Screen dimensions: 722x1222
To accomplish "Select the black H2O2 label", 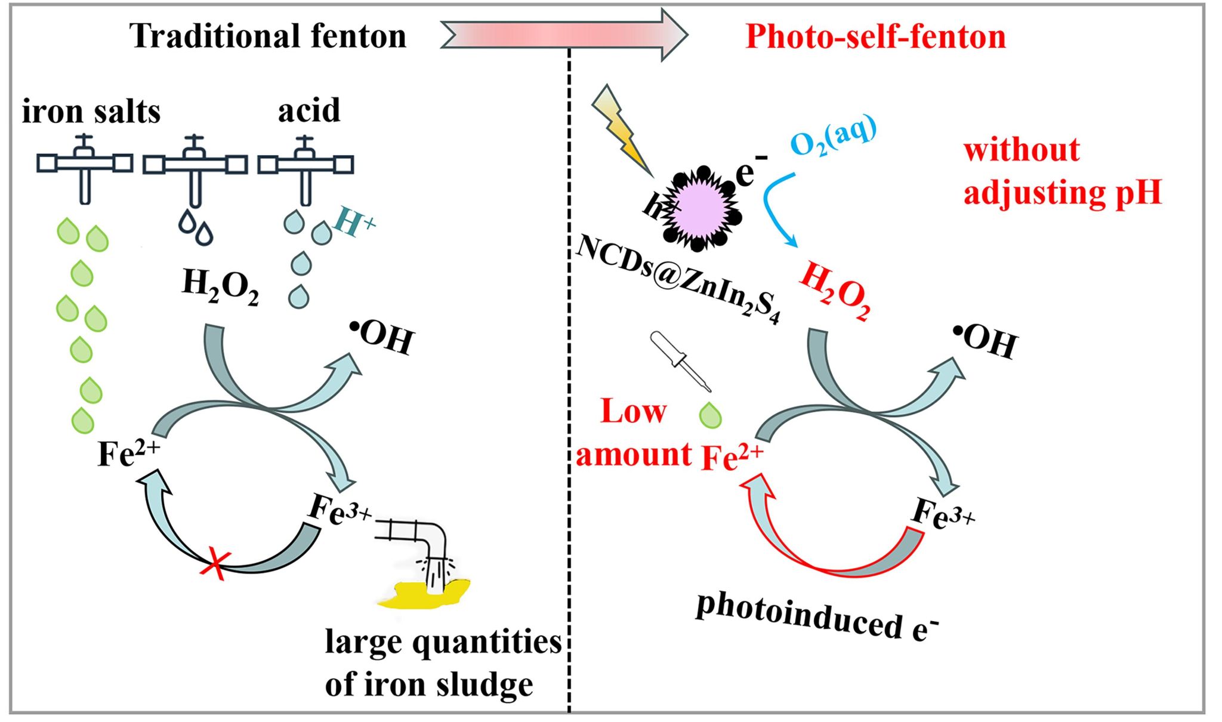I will tap(220, 287).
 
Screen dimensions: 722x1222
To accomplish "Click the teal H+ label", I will tap(354, 222).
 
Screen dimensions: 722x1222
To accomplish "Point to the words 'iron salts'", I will tap(91, 112).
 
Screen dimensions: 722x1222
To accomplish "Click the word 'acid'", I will tap(309, 110).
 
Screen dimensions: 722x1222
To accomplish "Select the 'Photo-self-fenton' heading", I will tap(875, 36).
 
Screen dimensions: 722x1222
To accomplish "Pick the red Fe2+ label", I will tap(732, 456).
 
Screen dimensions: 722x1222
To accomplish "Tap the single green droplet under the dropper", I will tap(710, 415).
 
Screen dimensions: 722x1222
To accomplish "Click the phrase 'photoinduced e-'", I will tap(817, 621).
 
